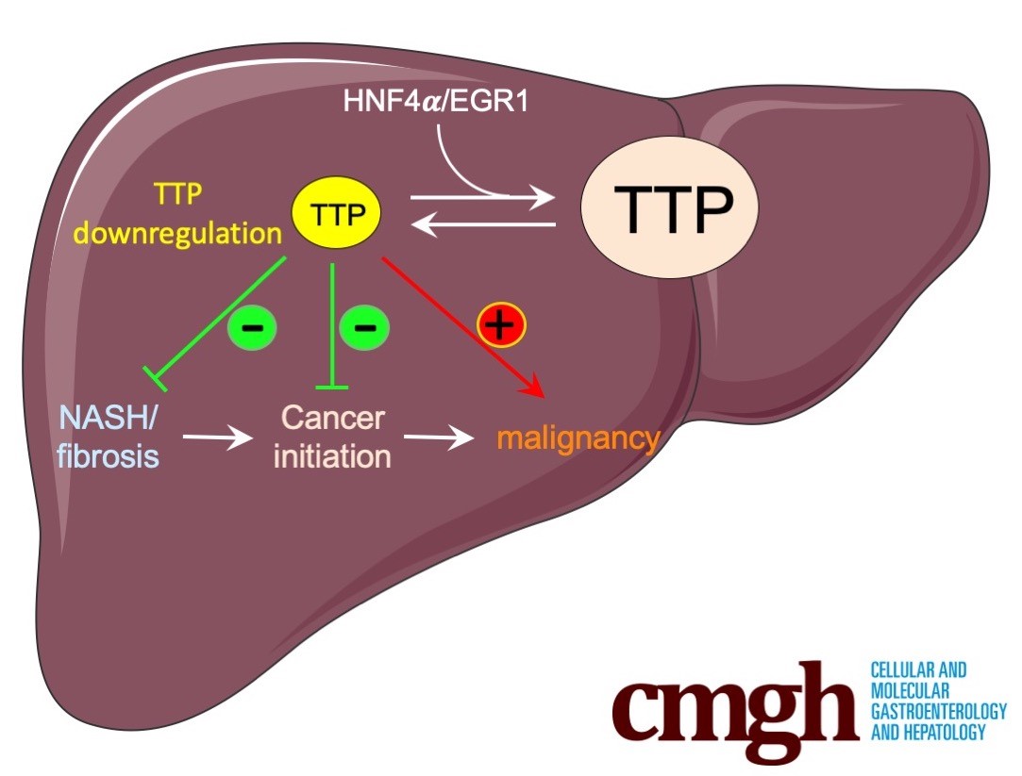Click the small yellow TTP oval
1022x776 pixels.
click(x=337, y=215)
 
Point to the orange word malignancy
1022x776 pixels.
click(x=578, y=438)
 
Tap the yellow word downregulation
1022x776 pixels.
click(x=177, y=233)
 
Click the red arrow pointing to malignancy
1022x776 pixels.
click(x=462, y=326)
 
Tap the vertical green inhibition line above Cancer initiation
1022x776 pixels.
click(x=333, y=325)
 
